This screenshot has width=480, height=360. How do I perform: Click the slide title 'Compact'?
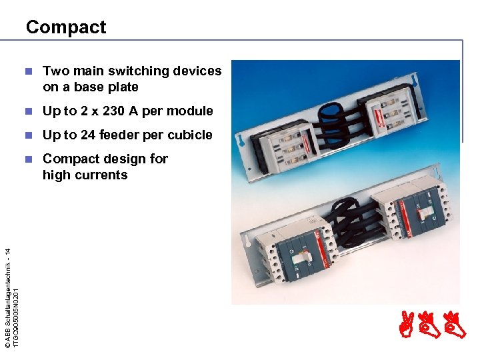point(65,27)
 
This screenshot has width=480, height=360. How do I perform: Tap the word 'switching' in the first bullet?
point(134,71)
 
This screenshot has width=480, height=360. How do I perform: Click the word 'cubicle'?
point(189,135)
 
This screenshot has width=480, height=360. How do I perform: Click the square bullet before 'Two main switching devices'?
point(27,71)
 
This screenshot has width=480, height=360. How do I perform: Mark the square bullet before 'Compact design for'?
point(27,159)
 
